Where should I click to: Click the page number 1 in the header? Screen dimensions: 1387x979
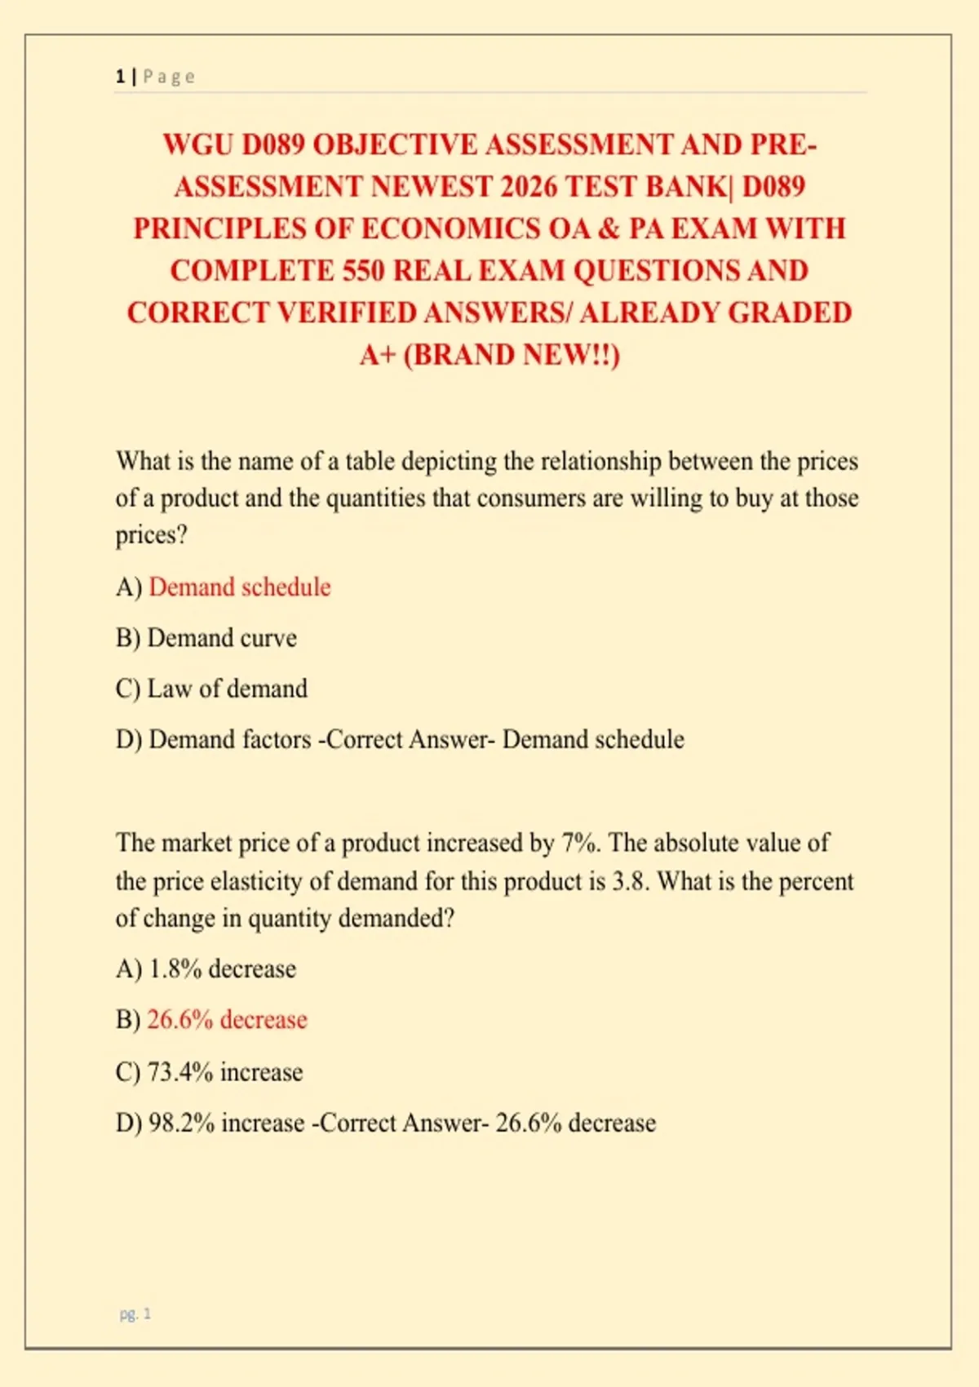pyautogui.click(x=120, y=77)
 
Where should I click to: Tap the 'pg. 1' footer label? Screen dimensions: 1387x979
pyautogui.click(x=135, y=1314)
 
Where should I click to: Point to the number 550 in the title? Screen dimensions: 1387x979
pyautogui.click(x=363, y=271)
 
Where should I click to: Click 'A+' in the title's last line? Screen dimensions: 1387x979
pyautogui.click(x=377, y=355)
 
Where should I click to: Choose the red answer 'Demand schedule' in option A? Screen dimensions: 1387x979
pyautogui.click(x=240, y=587)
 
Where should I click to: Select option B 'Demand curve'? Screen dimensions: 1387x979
pyautogui.click(x=222, y=638)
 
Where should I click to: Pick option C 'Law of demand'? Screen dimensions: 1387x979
pyautogui.click(x=227, y=689)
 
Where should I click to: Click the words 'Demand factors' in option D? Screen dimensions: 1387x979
pyautogui.click(x=230, y=740)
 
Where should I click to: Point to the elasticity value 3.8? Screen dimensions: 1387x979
pyautogui.click(x=630, y=881)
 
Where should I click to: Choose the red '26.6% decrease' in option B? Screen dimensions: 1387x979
pyautogui.click(x=227, y=1020)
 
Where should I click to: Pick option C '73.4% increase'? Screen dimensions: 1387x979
pyautogui.click(x=225, y=1072)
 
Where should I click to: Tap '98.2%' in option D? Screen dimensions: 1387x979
pyautogui.click(x=181, y=1123)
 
